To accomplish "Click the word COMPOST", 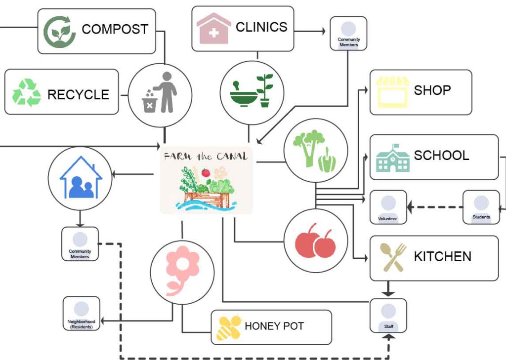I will click(x=115, y=29).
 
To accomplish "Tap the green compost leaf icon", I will click(x=60, y=32).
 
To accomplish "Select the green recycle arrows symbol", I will click(x=26, y=92).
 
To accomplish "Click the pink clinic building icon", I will click(x=213, y=29).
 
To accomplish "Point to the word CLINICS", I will click(x=261, y=27).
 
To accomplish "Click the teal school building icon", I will click(x=393, y=158).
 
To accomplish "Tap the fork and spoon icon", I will click(x=393, y=257).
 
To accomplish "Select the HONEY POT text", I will click(x=274, y=326).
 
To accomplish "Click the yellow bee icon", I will click(x=229, y=327).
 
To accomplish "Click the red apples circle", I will click(x=315, y=240).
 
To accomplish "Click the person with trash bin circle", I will click(x=160, y=95).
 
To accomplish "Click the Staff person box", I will click(x=388, y=315).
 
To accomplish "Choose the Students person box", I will click(x=481, y=206).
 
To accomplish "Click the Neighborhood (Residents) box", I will click(x=81, y=313).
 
